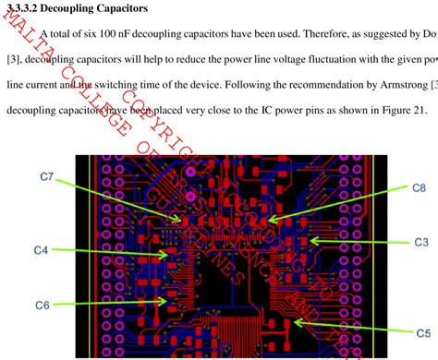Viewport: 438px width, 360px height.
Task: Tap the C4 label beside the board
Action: coord(43,250)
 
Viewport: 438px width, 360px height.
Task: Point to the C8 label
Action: coord(419,187)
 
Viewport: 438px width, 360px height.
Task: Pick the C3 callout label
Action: coord(420,242)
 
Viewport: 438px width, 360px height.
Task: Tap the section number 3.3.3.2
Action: coord(26,8)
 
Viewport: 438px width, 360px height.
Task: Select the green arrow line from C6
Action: coord(111,301)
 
